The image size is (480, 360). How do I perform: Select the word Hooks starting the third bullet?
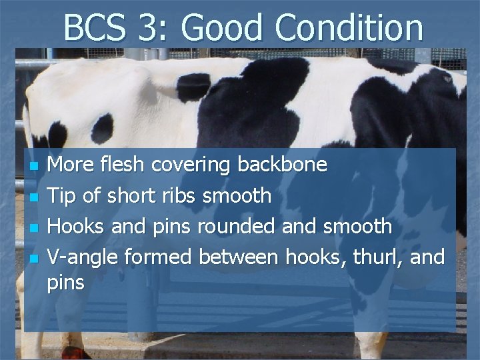click(74, 227)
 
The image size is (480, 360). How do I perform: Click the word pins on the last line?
click(66, 283)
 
